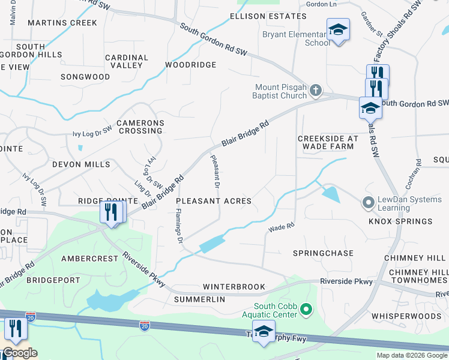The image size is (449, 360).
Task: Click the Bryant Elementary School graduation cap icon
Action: click(x=338, y=29)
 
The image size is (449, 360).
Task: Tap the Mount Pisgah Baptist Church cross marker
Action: click(x=316, y=91)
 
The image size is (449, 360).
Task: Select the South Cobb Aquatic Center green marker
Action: click(x=307, y=310)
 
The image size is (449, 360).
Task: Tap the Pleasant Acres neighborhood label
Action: click(x=214, y=201)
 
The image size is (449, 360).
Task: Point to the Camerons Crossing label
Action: click(x=140, y=127)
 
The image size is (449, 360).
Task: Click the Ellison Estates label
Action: click(x=260, y=16)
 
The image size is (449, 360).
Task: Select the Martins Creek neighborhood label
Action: click(x=62, y=23)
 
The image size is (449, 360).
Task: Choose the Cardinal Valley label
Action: click(x=126, y=61)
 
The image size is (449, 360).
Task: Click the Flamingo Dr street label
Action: click(x=178, y=226)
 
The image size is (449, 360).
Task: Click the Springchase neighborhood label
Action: click(x=323, y=254)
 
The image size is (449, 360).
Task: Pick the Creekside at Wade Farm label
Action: click(x=328, y=142)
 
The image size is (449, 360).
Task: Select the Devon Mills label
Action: click(x=81, y=164)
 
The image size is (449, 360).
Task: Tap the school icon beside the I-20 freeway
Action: click(x=264, y=331)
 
